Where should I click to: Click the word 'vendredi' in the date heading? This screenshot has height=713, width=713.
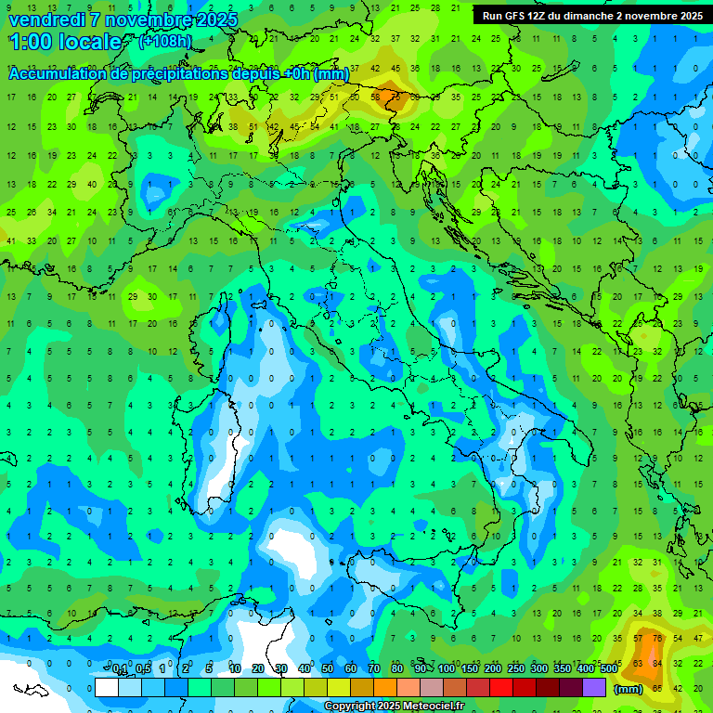45,19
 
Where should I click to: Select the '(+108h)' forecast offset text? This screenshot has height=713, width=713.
165,41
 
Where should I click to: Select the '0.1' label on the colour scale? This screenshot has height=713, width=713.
120,669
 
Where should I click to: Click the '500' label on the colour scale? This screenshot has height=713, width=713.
609,669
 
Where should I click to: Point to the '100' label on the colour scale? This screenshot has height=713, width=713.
447,669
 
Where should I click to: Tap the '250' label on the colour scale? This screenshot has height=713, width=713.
516,669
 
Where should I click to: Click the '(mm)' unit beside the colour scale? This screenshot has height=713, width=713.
629,689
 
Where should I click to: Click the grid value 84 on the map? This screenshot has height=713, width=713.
658,663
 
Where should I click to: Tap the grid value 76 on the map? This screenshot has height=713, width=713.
658,639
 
